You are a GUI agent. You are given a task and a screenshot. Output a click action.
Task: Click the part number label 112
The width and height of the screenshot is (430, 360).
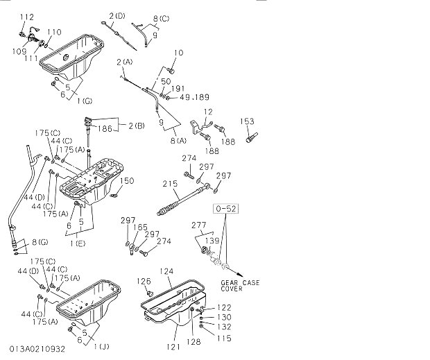[x=26, y=16]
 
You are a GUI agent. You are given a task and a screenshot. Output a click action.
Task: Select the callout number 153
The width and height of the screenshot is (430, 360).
[x=248, y=121]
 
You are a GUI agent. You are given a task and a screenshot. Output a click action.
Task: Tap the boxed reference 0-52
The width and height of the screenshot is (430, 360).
[x=227, y=207]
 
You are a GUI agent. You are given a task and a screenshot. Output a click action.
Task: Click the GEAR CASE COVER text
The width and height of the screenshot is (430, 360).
[x=241, y=286]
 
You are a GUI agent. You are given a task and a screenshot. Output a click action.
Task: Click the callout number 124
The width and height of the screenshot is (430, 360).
[x=166, y=271]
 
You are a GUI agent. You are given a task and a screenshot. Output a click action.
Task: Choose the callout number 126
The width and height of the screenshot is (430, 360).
[x=144, y=281]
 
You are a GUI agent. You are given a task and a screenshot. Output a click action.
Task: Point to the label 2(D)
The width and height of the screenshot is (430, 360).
[x=117, y=16]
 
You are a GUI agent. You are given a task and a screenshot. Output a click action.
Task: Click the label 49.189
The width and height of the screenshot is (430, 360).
[x=195, y=97]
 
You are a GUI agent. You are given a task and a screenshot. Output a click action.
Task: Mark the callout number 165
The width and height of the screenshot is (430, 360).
[x=140, y=227]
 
